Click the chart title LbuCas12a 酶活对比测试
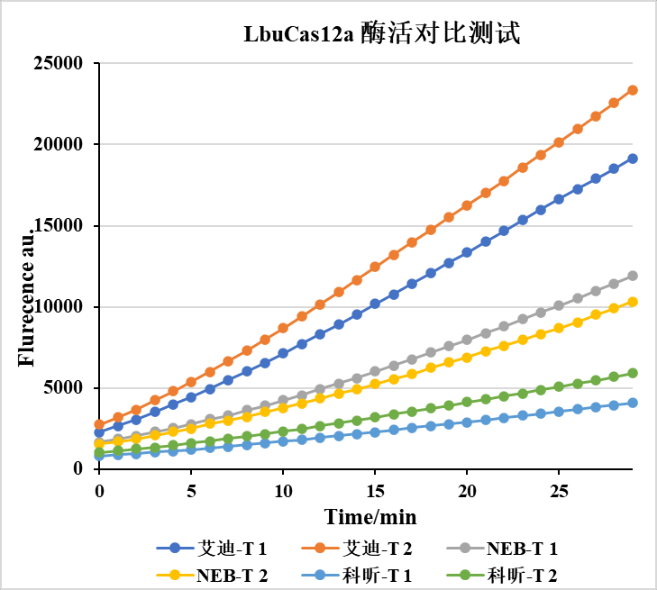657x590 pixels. (382, 34)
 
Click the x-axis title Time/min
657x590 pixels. (370, 516)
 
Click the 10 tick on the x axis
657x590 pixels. (283, 489)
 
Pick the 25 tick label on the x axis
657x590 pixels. (559, 489)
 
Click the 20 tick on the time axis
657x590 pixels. (467, 489)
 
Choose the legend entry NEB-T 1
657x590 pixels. (522, 548)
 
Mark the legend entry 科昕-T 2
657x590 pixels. (522, 575)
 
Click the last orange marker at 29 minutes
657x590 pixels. (633, 90)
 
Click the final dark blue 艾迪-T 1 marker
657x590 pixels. (633, 159)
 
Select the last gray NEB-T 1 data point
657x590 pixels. (633, 276)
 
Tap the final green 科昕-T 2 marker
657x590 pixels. (633, 373)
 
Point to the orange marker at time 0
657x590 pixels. (99, 424)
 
